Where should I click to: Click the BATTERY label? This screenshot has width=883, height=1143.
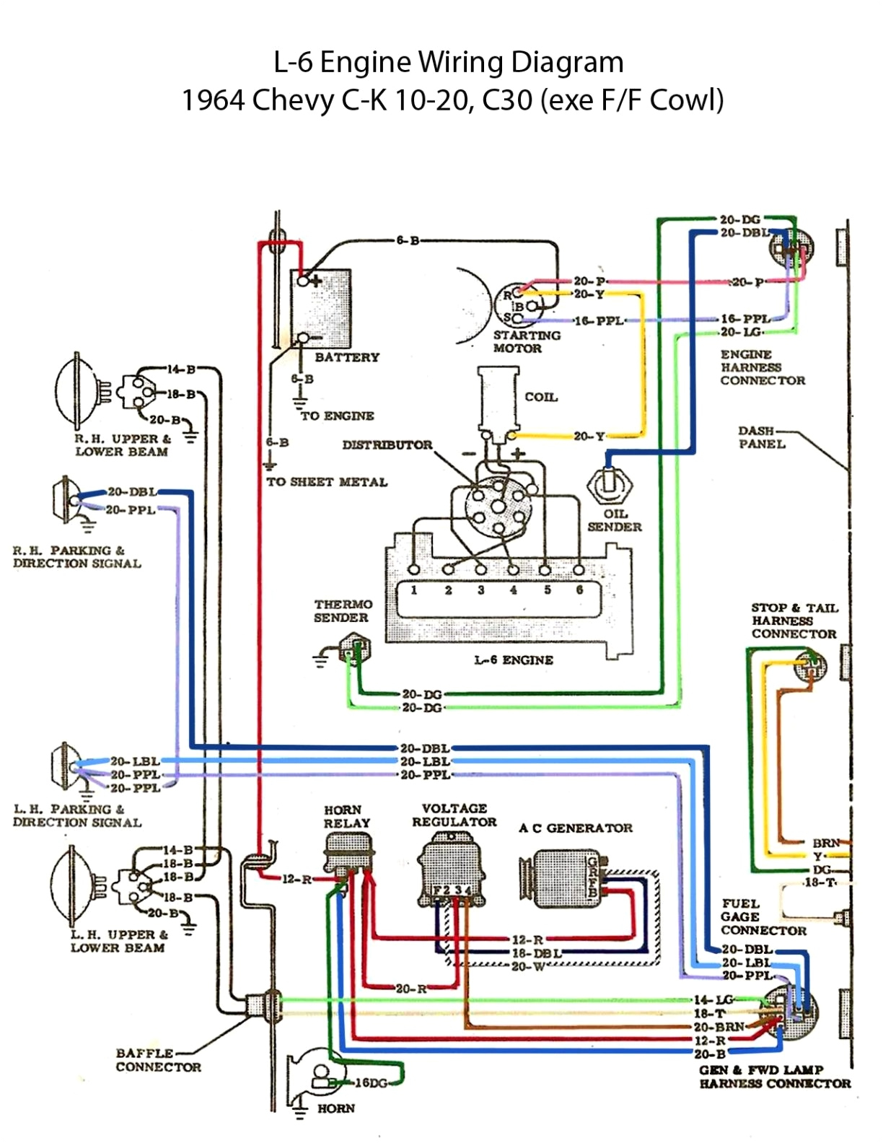click(x=346, y=357)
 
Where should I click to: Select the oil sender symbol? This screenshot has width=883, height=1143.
click(x=610, y=485)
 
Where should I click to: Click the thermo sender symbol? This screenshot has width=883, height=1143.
click(x=354, y=648)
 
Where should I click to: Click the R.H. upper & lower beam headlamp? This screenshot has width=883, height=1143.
click(x=75, y=390)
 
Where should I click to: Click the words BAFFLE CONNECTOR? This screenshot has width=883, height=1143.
click(x=158, y=1060)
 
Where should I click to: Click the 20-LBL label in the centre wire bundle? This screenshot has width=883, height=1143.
click(x=425, y=761)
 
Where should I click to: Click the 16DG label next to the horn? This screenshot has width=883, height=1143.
click(x=372, y=1083)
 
